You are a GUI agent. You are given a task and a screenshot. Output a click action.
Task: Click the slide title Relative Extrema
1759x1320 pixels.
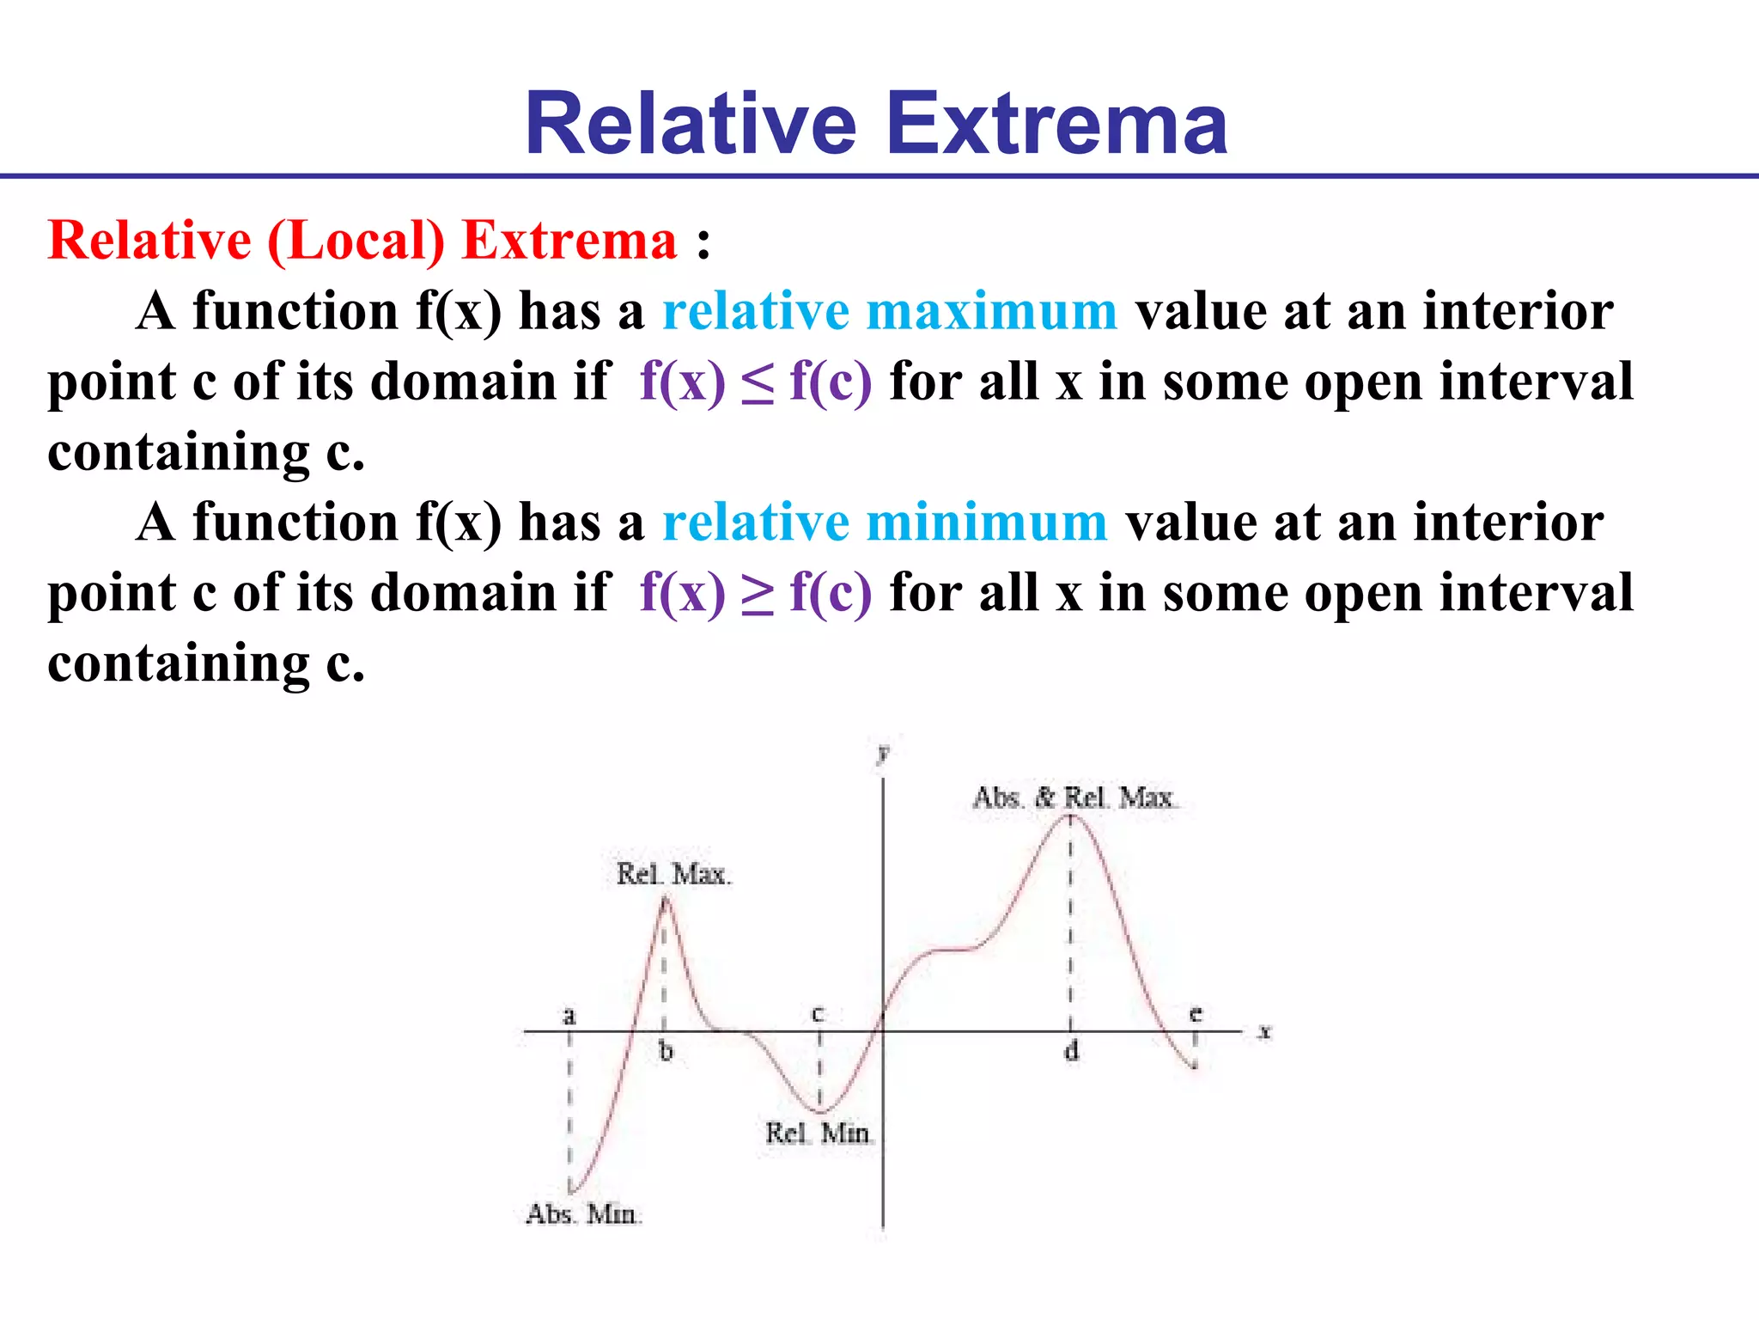tap(876, 125)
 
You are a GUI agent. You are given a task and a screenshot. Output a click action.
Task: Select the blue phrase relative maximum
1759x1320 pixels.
tap(890, 310)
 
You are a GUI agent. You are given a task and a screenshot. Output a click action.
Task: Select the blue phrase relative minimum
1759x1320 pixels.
tap(885, 522)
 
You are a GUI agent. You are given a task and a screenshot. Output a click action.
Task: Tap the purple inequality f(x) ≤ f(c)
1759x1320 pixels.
tap(756, 381)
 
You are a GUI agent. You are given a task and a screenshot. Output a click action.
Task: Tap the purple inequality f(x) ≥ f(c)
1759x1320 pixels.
tap(756, 592)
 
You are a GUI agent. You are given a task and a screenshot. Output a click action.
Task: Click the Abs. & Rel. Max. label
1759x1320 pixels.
tap(1074, 797)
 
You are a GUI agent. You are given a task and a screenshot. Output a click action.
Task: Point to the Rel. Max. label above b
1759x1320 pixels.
tap(673, 874)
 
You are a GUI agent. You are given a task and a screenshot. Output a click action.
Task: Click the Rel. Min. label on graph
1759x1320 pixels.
tap(819, 1134)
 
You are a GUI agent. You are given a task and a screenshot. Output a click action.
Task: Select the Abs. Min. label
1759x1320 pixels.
tap(583, 1214)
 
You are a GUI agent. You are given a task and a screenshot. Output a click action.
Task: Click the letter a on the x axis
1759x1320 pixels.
tap(569, 1016)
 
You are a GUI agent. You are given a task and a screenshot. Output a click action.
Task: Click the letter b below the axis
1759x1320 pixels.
tap(666, 1051)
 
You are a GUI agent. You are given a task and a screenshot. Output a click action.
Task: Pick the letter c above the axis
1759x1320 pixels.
tap(818, 1014)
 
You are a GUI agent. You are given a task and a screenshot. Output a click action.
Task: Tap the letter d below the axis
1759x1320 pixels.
tap(1071, 1051)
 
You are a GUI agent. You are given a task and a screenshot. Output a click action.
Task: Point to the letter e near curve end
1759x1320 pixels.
tap(1195, 1014)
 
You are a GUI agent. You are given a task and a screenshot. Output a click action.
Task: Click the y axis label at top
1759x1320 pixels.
tap(882, 754)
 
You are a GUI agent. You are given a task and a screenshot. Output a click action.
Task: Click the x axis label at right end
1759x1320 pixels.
tap(1264, 1031)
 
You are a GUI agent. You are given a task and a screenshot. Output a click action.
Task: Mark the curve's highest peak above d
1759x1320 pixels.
tap(1070, 816)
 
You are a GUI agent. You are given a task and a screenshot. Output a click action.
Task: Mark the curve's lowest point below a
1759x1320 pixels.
tap(571, 1192)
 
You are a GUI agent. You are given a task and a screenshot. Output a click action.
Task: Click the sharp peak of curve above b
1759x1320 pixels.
tap(666, 897)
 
